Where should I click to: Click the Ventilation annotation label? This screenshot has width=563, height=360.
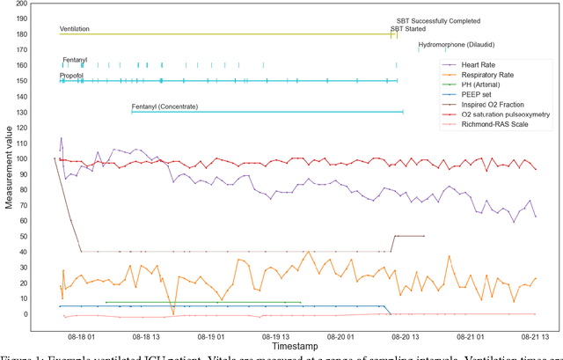[x=74, y=29]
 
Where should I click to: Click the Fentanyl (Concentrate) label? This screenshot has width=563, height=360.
[x=165, y=107]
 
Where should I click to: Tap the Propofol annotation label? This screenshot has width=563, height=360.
[x=72, y=76]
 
